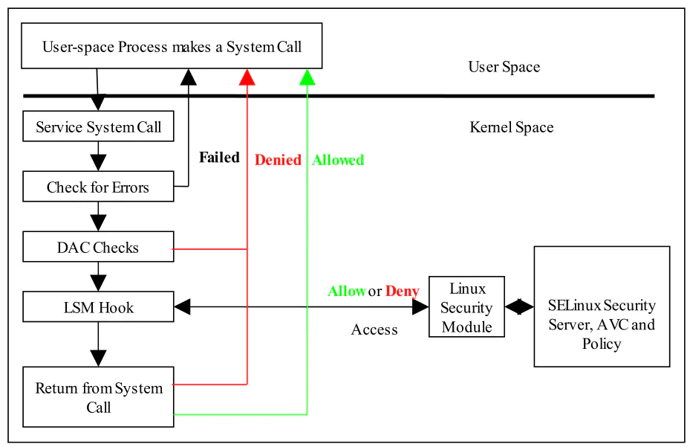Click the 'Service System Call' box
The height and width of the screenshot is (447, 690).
98,126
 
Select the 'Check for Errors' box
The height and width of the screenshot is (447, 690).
98,187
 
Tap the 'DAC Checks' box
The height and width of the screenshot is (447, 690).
98,247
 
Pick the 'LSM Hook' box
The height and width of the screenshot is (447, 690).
98,307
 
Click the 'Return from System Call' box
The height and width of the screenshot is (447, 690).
98,396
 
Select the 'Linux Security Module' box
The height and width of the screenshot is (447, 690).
466,307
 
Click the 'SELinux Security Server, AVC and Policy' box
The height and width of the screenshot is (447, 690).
602,306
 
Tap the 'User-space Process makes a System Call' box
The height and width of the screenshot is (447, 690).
172,46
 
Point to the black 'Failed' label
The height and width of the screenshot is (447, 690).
219,158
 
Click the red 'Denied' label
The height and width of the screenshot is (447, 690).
278,160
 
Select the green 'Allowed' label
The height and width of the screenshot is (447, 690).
338,160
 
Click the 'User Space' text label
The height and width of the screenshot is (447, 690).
504,67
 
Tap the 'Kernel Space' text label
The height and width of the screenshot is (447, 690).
511,127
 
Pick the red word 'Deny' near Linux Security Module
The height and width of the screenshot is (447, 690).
403,292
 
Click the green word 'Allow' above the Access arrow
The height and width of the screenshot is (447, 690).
347,291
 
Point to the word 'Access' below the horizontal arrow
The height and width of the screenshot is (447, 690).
374,329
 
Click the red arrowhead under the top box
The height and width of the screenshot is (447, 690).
247,77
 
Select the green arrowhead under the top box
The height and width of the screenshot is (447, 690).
307,77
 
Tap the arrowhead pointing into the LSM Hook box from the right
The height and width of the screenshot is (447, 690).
182,307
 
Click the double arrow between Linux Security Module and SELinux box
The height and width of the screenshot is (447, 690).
519,307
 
